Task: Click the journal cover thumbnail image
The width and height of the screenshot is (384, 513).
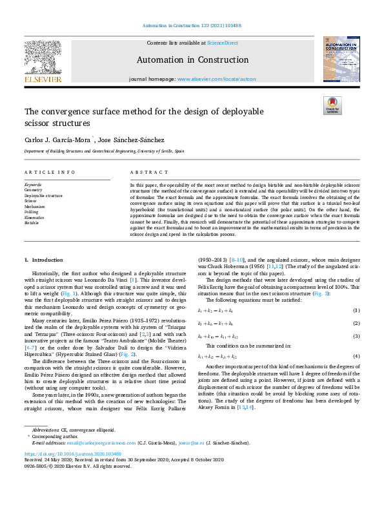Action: coord(341,59)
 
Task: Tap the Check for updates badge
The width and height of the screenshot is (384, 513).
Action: coord(333,105)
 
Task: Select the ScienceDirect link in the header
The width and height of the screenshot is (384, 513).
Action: coord(221,43)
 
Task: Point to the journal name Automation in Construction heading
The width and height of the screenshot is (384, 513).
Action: coord(192,60)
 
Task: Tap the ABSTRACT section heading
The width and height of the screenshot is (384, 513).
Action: coord(145,173)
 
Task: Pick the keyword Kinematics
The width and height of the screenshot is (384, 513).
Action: coord(35,218)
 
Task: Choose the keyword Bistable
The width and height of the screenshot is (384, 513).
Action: coord(32,223)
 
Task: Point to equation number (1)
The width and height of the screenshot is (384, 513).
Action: coord(356,311)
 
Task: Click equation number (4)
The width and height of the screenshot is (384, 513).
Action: coord(356,356)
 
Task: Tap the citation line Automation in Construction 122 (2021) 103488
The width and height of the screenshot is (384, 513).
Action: coord(192,26)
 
